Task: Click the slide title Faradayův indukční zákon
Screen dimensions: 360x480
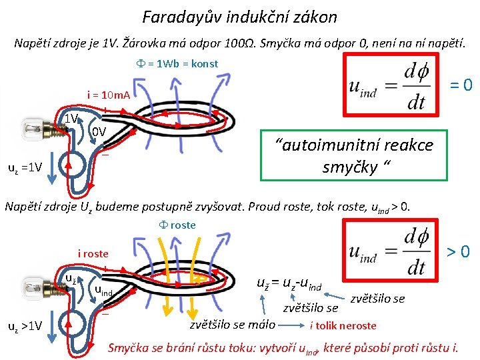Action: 240,17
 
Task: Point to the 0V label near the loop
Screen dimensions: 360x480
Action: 99,132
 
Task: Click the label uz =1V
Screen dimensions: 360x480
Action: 25,167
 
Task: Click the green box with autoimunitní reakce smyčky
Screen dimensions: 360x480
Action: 355,155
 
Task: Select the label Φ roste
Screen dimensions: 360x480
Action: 175,225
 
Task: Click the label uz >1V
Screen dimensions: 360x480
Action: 25,326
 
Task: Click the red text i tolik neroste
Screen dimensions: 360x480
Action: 343,326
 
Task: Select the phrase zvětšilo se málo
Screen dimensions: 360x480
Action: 232,325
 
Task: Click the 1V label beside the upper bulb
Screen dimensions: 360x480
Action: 71,119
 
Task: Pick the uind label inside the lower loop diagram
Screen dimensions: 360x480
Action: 103,290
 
